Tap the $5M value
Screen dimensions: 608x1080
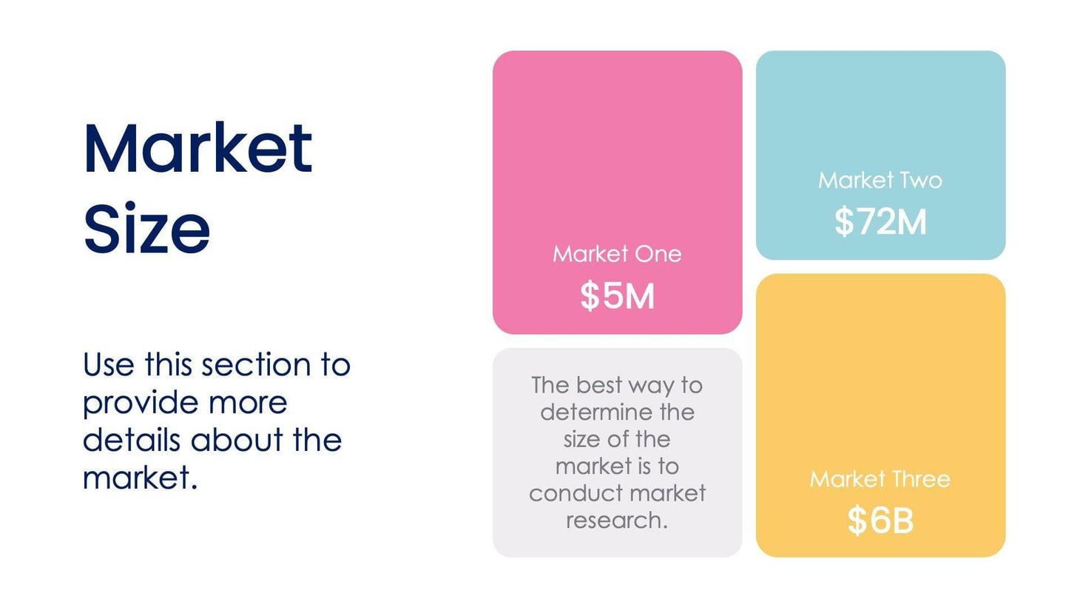(617, 296)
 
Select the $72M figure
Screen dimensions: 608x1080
(880, 221)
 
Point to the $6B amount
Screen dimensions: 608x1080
(880, 521)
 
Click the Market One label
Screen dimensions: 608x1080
(617, 254)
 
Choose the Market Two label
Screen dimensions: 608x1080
(880, 180)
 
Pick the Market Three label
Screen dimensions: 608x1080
(880, 479)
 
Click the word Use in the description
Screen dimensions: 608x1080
(109, 365)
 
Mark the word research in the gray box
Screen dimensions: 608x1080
(617, 521)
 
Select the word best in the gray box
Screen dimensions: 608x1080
(600, 385)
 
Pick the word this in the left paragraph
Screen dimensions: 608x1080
(169, 365)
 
